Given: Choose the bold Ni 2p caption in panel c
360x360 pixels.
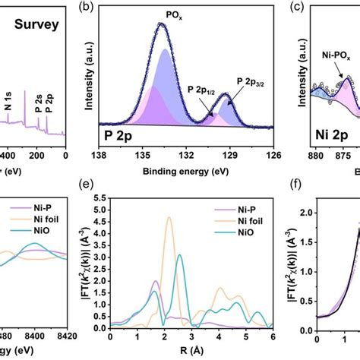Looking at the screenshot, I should click(331, 137).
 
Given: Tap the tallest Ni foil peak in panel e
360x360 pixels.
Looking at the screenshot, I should click(169, 218).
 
